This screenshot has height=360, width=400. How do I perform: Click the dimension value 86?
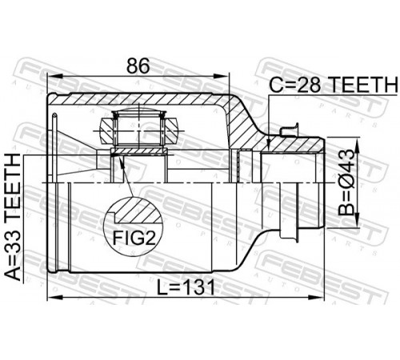tap(138, 66)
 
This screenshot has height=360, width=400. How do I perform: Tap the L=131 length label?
tap(185, 287)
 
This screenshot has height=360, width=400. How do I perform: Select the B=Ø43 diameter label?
tap(347, 182)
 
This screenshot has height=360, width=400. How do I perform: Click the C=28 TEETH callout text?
tap(333, 84)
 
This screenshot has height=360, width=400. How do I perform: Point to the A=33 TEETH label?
tap(13, 217)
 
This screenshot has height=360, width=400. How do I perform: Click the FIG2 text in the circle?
tap(134, 238)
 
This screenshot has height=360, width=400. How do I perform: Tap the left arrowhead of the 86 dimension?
tap(54, 77)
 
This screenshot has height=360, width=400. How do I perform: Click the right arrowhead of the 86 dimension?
tap(222, 77)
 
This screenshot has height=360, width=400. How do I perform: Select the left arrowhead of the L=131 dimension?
tap(54, 297)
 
